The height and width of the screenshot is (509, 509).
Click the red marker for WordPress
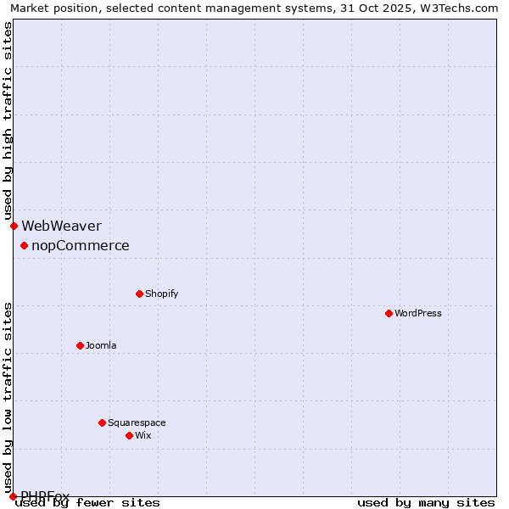pos(389,313)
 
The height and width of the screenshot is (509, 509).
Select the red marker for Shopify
pos(139,294)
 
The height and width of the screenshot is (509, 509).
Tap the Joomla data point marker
pos(80,345)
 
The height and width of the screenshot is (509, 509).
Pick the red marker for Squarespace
pos(102,422)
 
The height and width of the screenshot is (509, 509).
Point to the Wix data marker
pos(129,435)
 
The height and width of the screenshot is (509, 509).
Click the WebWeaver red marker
pos(14,226)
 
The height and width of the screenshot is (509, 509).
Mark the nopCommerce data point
pos(24,245)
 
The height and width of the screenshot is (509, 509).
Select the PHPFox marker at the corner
pos(13,496)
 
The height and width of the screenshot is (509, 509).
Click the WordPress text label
pos(418,313)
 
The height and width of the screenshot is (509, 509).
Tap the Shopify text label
pos(161,294)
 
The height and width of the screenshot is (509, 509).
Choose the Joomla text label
pos(101,345)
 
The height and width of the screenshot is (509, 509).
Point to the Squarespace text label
pos(137,422)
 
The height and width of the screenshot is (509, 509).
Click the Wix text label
pos(143,435)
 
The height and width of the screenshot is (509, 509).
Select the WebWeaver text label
pos(61,226)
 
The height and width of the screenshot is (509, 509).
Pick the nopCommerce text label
pos(81,246)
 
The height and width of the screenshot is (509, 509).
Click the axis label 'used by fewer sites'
pos(87,503)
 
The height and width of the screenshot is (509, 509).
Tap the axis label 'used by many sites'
pos(426,503)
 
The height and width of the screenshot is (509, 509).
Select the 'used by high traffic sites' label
pos(8,121)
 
